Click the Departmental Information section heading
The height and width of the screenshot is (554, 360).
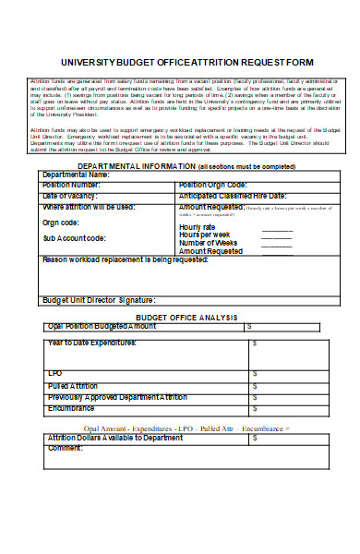tap(137, 165)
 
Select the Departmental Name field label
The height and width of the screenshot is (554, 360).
tap(76, 174)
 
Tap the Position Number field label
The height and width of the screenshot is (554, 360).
tap(74, 185)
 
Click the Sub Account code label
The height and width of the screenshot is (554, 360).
tap(74, 238)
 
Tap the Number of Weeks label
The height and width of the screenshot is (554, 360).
tap(210, 243)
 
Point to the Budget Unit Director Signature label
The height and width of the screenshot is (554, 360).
tap(99, 301)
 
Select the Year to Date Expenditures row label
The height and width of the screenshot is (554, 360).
tap(91, 343)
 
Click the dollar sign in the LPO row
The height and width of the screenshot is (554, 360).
tap(255, 374)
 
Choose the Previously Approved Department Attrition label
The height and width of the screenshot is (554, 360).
tap(116, 396)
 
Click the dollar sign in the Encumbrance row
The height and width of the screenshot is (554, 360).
tap(255, 407)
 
